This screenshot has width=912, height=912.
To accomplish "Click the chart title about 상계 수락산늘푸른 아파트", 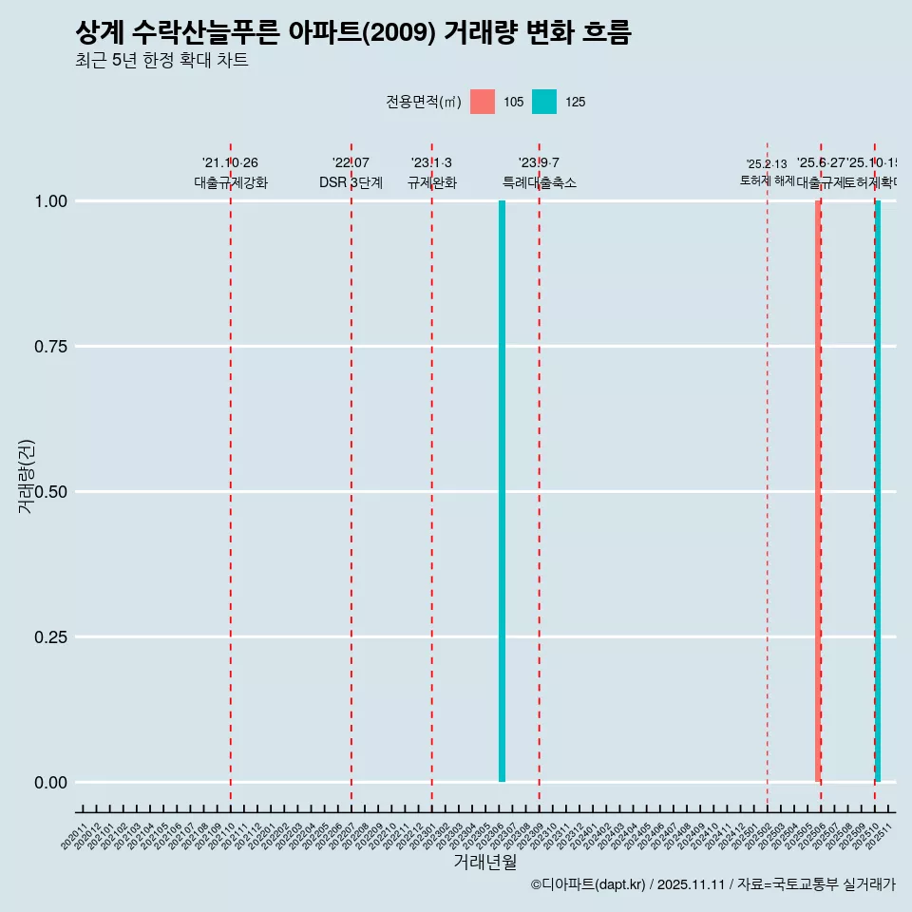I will pos(352,32).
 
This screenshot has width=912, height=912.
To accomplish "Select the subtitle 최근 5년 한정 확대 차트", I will pos(161,61).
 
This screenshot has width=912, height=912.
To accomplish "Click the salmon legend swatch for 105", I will pos(483,102).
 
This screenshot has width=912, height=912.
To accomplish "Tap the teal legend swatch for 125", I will pos(544,102).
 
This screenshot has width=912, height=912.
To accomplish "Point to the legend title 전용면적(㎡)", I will pos(424,102).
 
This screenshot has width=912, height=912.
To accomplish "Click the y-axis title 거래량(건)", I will pos(27,476).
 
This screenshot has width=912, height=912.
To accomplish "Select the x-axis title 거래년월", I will pos(484,862).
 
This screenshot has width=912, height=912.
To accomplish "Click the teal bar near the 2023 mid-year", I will pos(502,491).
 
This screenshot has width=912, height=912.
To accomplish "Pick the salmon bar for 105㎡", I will pos(817,491).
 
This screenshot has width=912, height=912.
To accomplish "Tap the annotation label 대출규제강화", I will pos(231,182).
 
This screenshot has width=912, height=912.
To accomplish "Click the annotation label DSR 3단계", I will pos(351,182).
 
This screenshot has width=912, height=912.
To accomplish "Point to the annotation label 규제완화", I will pos(432,182).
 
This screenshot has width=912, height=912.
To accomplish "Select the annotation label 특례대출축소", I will pos(540,182).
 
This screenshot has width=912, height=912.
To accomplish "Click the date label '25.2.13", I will pos(767,164).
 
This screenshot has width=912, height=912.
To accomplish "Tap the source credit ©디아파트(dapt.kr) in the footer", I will pos(588,884).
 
